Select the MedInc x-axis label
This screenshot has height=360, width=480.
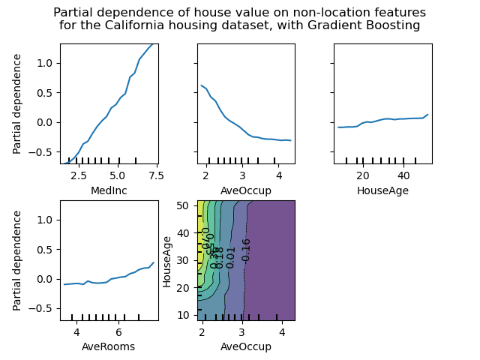(x=109, y=190)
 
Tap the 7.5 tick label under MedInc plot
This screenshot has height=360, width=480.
(x=155, y=175)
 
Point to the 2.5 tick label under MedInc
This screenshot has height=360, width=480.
(x=80, y=175)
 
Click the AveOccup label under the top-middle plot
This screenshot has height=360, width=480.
(x=246, y=190)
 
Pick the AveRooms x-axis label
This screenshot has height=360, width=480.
(x=109, y=347)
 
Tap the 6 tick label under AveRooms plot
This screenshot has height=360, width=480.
(x=118, y=332)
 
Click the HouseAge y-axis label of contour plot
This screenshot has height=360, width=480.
(x=168, y=260)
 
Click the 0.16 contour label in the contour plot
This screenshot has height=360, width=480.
(x=246, y=250)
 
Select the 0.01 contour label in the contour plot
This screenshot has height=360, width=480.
(x=231, y=256)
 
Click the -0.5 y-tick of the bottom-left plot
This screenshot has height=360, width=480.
(x=42, y=308)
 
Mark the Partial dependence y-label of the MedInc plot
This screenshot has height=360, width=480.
(x=18, y=103)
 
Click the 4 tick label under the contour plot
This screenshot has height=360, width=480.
(x=281, y=332)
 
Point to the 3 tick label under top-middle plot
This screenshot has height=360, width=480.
(x=241, y=175)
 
